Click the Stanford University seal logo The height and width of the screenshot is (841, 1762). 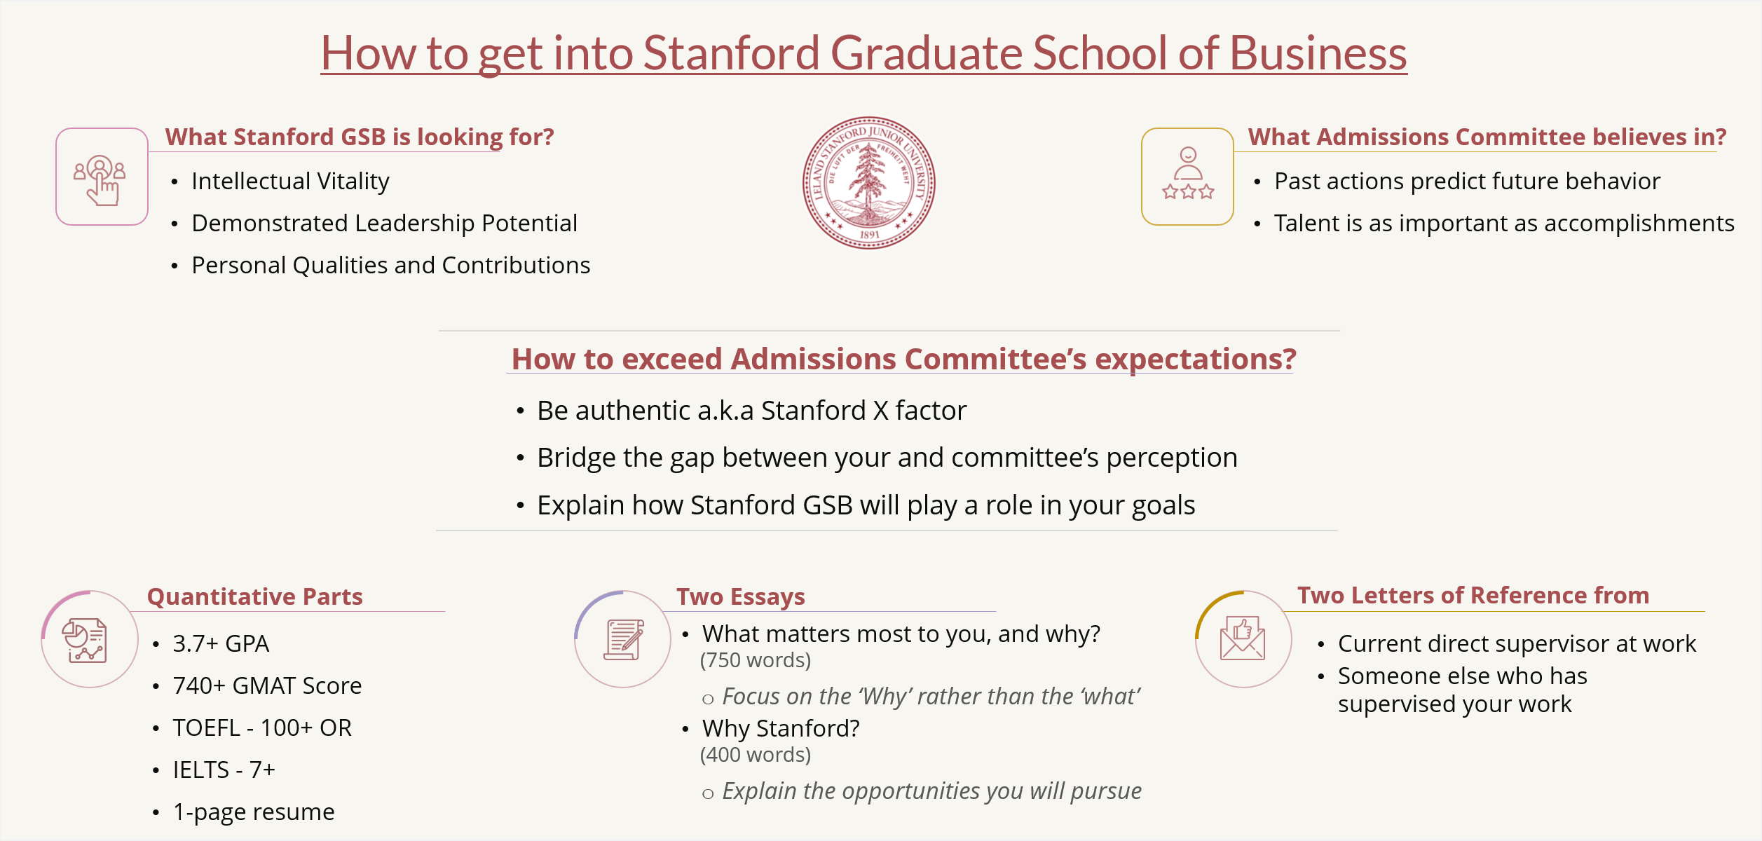pos(868,182)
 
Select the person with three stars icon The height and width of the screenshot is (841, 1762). pos(1187,175)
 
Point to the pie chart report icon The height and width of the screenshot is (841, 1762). pos(85,640)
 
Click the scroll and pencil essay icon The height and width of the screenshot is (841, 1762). pos(623,639)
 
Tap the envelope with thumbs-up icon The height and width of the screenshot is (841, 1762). pos(1242,638)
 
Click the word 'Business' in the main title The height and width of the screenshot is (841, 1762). pos(1318,53)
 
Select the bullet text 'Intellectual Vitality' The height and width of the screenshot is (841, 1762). pos(290,182)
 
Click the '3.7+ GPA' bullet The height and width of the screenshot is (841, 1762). pos(221,643)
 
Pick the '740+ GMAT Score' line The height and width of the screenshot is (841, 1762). pos(267,685)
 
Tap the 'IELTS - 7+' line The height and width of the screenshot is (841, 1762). pos(224,770)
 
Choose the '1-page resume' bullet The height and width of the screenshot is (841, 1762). pos(254,812)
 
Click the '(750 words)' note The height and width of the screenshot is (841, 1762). pos(755,660)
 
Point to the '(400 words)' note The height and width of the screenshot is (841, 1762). pos(755,755)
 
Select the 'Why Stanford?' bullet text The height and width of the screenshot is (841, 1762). pos(781,729)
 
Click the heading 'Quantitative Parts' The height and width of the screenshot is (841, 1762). pos(255,596)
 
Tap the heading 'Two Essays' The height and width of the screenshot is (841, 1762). pos(740,596)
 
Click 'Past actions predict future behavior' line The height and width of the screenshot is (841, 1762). pos(1467,182)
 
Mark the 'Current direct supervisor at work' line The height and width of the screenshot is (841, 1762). pos(1517,643)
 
